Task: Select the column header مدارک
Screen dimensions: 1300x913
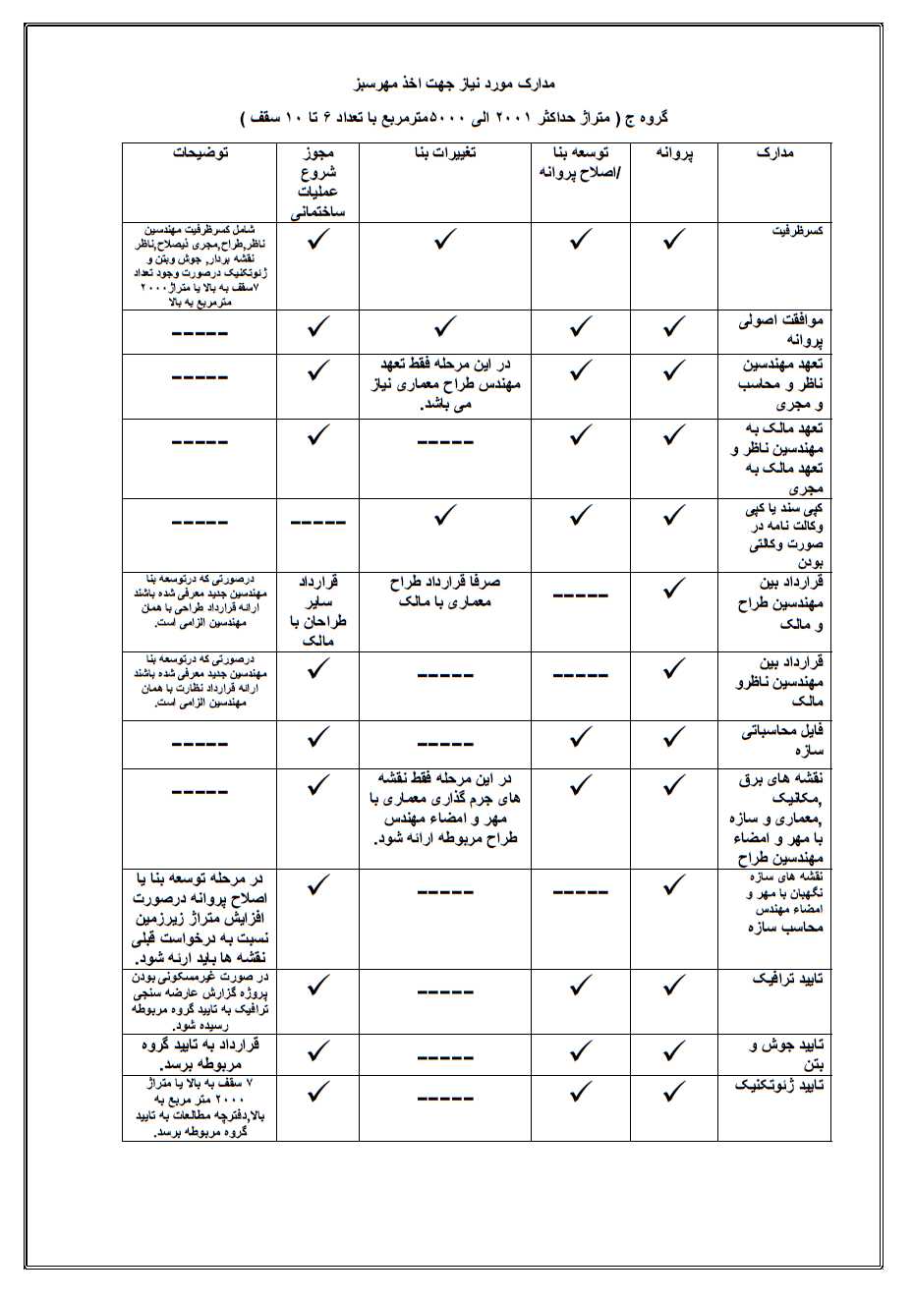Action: [x=774, y=153]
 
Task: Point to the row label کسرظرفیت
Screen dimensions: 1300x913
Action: [x=797, y=231]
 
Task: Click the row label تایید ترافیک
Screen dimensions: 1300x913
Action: [x=788, y=980]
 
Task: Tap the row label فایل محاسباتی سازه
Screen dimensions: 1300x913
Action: [x=783, y=741]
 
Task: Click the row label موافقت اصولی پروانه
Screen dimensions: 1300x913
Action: [x=782, y=330]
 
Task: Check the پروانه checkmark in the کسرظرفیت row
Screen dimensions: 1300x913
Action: [x=674, y=239]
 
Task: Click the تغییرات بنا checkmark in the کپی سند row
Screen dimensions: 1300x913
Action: [x=445, y=514]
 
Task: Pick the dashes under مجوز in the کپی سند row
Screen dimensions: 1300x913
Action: [x=317, y=523]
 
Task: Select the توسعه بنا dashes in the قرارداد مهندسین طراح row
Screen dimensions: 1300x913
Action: [x=580, y=595]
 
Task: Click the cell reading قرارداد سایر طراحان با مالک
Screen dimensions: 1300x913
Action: [x=317, y=610]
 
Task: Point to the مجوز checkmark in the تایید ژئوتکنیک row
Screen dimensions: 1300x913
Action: [x=317, y=1092]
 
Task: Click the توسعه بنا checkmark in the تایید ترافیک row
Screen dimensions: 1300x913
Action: [x=581, y=985]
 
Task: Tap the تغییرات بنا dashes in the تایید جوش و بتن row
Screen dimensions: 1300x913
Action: [x=445, y=1058]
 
